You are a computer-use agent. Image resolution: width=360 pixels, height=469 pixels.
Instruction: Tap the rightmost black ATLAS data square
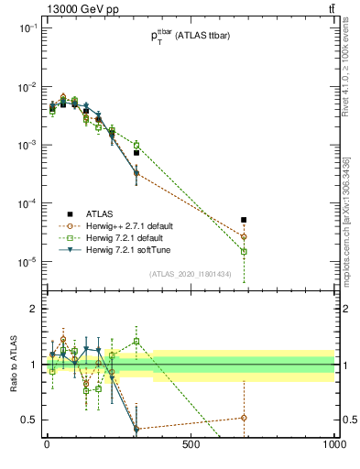(x=244, y=220)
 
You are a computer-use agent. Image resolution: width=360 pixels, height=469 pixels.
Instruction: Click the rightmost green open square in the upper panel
(x=244, y=251)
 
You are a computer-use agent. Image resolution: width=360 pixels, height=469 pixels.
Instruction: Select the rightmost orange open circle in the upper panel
(x=244, y=236)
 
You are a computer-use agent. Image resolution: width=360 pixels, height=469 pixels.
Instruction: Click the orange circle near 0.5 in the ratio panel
(x=244, y=418)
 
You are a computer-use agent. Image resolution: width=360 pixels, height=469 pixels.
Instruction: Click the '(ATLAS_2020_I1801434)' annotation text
(x=190, y=274)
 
